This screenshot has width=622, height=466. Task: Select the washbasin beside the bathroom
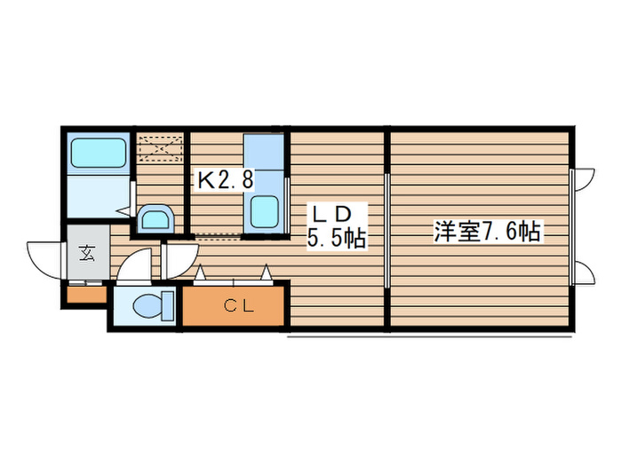(157, 218)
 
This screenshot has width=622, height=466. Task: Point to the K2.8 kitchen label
(225, 180)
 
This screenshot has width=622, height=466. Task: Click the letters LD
(331, 214)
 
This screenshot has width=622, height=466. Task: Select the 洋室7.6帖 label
(487, 232)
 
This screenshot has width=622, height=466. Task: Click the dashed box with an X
(161, 147)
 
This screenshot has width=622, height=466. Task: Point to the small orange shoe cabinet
(85, 294)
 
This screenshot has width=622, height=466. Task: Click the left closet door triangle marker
(201, 272)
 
